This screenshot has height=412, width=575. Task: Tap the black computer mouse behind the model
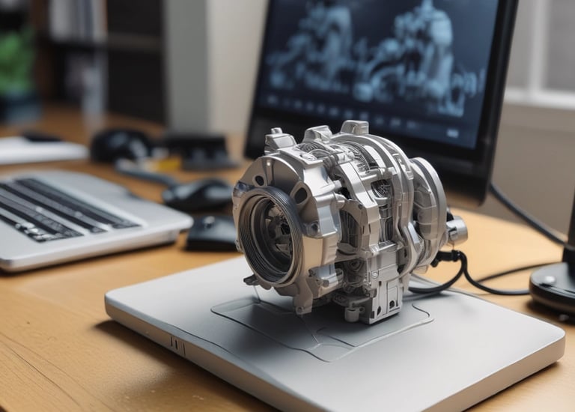point(197,196)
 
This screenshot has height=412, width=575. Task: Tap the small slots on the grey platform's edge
point(177,345)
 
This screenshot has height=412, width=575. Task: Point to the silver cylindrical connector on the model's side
point(456,229)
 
